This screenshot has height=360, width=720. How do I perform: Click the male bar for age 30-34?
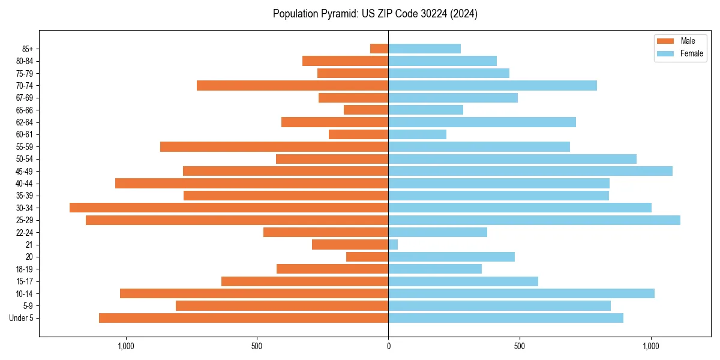point(229,208)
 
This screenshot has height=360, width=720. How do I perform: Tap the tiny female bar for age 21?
point(393,245)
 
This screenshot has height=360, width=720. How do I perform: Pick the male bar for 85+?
point(379,49)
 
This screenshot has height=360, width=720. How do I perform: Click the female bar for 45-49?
point(530,171)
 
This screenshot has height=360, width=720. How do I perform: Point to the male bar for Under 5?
point(244,318)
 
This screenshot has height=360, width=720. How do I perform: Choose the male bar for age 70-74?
point(292,85)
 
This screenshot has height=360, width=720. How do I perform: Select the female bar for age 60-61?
point(418,134)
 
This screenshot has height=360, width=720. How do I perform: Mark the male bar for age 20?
point(367,257)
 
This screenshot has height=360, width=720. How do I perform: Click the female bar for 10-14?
point(521,293)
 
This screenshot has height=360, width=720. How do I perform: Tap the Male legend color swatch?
point(665,41)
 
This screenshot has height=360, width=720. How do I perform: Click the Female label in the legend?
point(692,53)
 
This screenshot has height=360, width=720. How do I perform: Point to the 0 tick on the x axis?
point(388,346)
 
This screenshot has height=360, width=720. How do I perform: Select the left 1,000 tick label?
point(125,346)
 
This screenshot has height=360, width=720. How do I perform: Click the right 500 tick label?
point(520,346)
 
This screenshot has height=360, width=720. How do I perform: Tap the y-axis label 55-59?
point(25,147)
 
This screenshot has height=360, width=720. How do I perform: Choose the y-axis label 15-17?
point(25,281)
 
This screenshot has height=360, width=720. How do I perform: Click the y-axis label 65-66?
point(25,110)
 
